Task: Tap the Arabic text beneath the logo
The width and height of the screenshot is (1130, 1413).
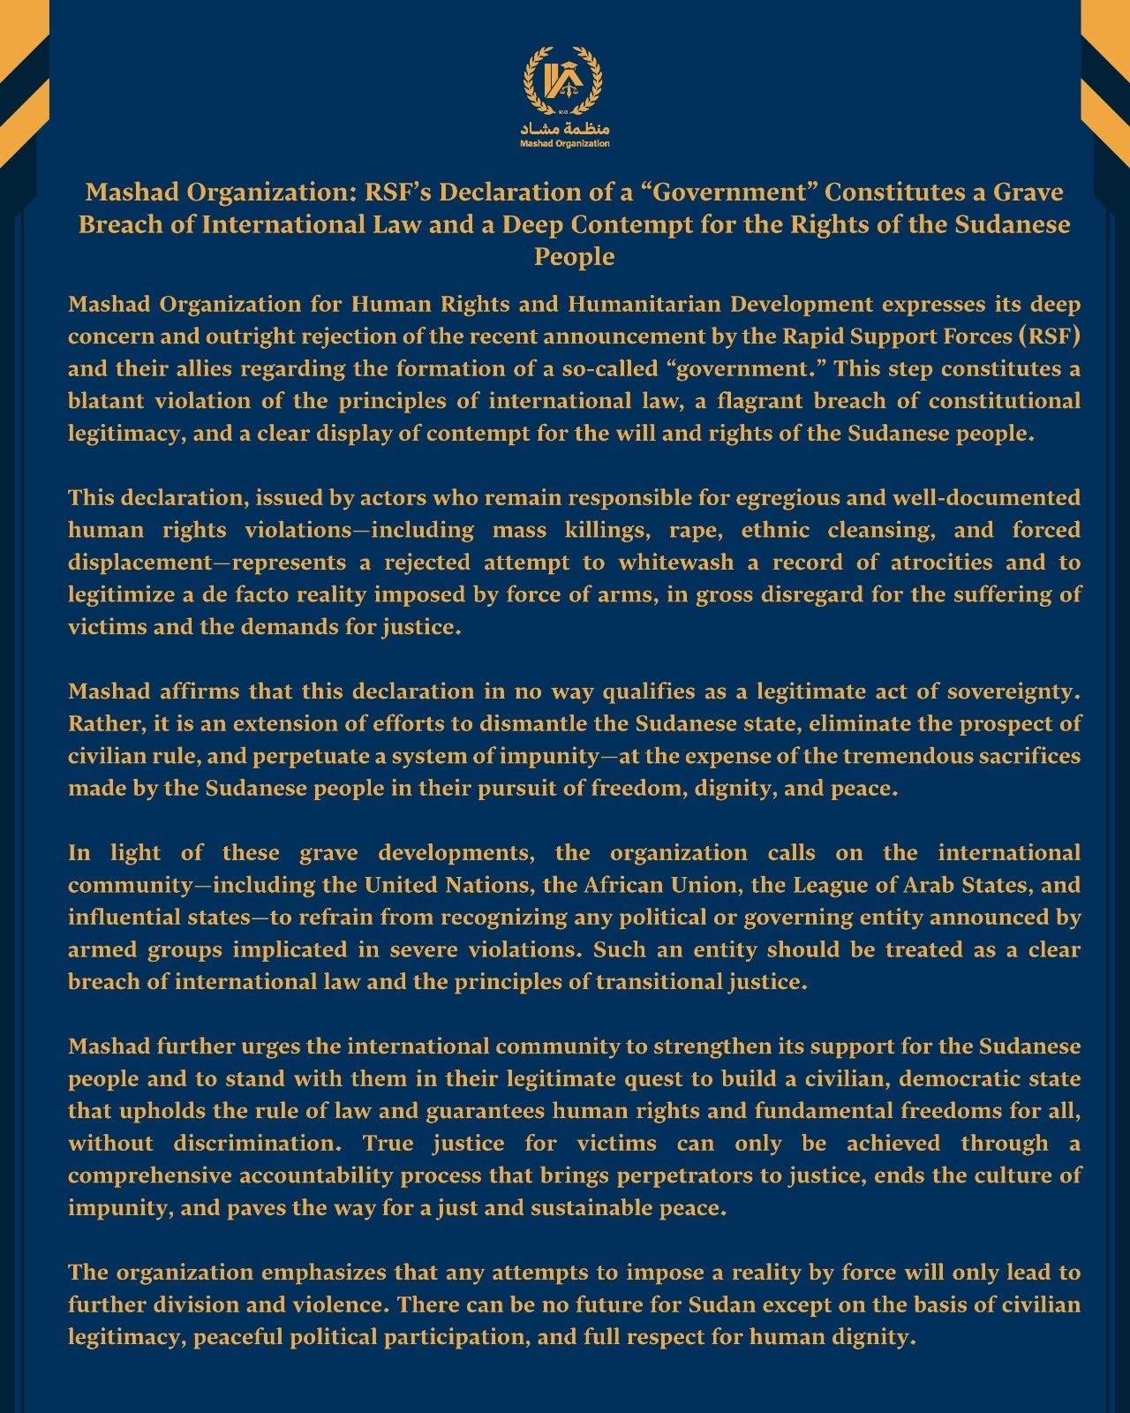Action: pos(565,128)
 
